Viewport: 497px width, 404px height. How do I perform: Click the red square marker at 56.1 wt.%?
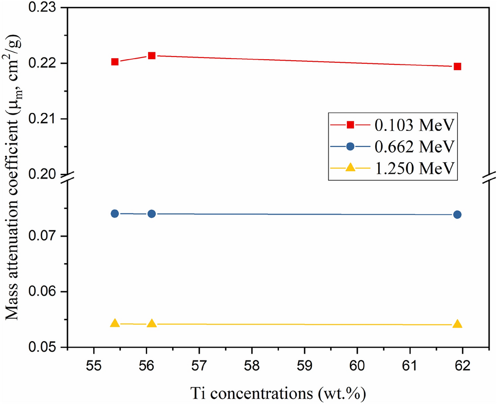point(152,55)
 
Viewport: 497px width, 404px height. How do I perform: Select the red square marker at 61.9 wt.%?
point(457,66)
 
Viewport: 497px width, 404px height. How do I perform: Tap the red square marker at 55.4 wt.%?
point(115,62)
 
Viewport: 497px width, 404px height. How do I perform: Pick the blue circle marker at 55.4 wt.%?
point(115,213)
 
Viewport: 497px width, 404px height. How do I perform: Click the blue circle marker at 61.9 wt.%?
point(457,214)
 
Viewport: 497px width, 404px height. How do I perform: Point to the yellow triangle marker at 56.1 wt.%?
point(152,323)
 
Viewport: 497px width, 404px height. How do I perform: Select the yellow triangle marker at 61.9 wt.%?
point(457,324)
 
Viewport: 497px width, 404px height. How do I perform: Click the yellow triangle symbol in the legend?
point(351,167)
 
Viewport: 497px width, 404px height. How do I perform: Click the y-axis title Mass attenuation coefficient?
point(15,178)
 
